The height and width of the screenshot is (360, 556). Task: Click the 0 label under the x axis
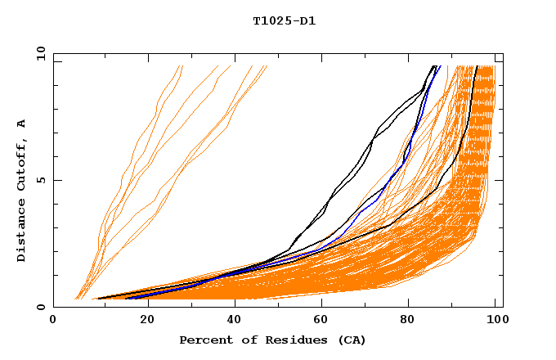(54, 320)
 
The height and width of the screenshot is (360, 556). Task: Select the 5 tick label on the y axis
(40, 180)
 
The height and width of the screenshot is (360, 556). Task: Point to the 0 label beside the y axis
(40, 308)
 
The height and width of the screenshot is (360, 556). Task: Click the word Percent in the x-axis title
(204, 340)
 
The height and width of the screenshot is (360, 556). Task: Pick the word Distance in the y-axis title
(22, 234)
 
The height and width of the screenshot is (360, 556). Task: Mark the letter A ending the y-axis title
(22, 124)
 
